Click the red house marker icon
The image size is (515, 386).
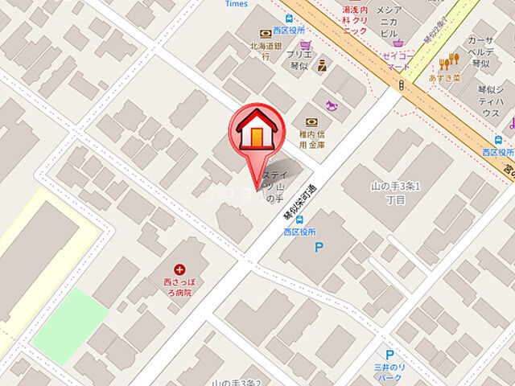tap(256, 129)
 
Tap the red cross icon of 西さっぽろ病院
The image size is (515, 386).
tap(179, 271)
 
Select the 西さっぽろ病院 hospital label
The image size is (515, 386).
tap(179, 289)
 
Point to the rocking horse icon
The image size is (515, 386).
tap(331, 105)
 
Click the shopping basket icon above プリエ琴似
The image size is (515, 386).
tap(305, 45)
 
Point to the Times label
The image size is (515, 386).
tap(237, 4)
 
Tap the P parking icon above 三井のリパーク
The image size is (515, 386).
tap(389, 354)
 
